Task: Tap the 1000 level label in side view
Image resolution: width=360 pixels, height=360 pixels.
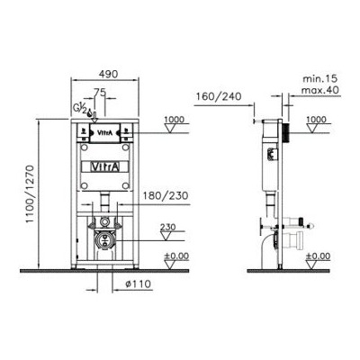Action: click(315, 119)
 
